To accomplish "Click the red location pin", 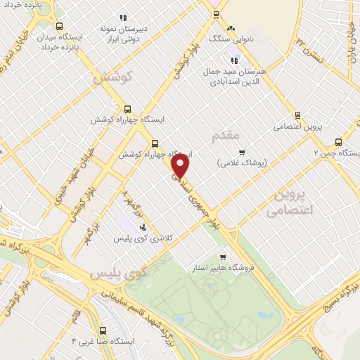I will point(181,165).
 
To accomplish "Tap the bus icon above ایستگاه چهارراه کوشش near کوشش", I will point(127,109).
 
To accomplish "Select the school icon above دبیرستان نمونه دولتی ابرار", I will point(123,18).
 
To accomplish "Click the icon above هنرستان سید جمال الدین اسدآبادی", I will point(214,60).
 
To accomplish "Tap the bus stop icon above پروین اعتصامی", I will point(297,115).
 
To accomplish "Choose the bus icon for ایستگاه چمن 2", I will point(339,141).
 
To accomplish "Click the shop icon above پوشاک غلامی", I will point(242,151).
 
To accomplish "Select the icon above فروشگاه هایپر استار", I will point(224,257).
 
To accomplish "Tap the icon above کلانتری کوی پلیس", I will point(143,227).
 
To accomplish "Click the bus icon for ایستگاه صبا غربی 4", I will point(103,330).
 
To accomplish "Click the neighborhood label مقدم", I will point(225,134).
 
